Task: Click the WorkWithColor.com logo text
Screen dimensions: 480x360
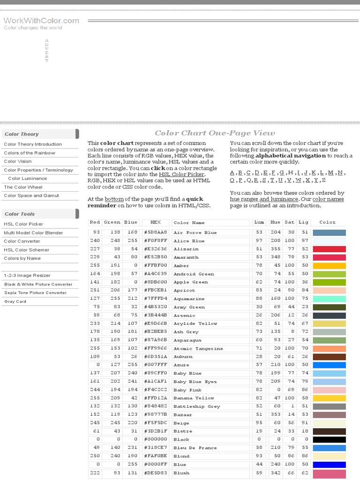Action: [x=41, y=21]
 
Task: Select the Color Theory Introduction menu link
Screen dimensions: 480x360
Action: [x=33, y=144]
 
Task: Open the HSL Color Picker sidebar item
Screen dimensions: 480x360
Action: [x=23, y=224]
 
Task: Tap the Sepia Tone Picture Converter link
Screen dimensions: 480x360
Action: [x=36, y=292]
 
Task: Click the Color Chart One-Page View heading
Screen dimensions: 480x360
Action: [x=215, y=133]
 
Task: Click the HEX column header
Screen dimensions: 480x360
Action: [x=155, y=222]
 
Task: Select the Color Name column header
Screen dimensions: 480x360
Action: [x=189, y=223]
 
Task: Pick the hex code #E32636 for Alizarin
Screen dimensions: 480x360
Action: [x=155, y=249]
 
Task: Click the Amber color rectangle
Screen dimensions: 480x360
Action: [x=329, y=266]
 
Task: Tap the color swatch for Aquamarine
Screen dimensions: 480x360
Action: [x=329, y=299]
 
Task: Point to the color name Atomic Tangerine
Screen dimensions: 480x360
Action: [x=198, y=349]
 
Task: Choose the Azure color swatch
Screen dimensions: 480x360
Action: [x=329, y=365]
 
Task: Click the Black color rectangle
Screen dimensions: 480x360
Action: [x=329, y=440]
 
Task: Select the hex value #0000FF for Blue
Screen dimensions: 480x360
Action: [x=155, y=465]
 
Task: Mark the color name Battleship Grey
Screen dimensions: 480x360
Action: [x=196, y=406]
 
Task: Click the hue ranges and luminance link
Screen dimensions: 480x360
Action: [x=264, y=199]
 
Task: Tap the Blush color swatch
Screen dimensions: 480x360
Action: [x=329, y=473]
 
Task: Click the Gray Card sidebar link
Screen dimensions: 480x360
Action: [x=15, y=301]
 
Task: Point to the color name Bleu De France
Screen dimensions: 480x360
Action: [x=195, y=448]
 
